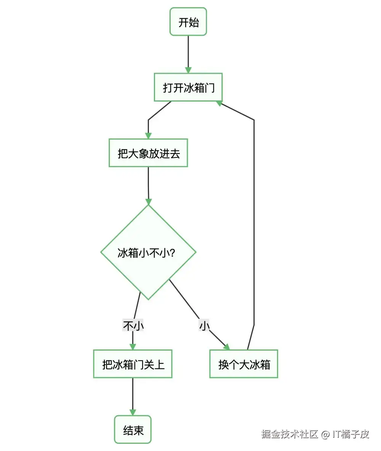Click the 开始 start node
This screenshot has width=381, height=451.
pyautogui.click(x=188, y=22)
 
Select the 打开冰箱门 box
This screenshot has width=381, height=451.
pyautogui.click(x=188, y=87)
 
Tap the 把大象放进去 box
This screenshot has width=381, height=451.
pyautogui.click(x=148, y=153)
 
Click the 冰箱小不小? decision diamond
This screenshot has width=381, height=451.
pyautogui.click(x=148, y=252)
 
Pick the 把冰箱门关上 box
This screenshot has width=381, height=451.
pyautogui.click(x=133, y=364)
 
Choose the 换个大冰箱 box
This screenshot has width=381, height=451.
pyautogui.click(x=244, y=364)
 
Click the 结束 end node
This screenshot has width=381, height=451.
pyautogui.click(x=133, y=430)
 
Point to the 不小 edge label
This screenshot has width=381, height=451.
pyautogui.click(x=133, y=326)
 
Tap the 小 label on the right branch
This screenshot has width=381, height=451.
pyautogui.click(x=205, y=326)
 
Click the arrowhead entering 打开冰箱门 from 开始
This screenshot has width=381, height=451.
pyautogui.click(x=188, y=70)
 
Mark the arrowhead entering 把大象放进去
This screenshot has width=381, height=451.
pyautogui.click(x=148, y=136)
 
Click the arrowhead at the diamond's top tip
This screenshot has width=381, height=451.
pyautogui.click(x=148, y=202)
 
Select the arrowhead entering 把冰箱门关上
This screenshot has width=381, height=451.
pyautogui.click(x=133, y=346)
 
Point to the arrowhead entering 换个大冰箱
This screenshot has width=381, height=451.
pyautogui.click(x=227, y=347)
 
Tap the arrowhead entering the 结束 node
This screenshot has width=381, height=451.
pyautogui.click(x=133, y=412)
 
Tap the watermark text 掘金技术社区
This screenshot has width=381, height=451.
pyautogui.click(x=290, y=434)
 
